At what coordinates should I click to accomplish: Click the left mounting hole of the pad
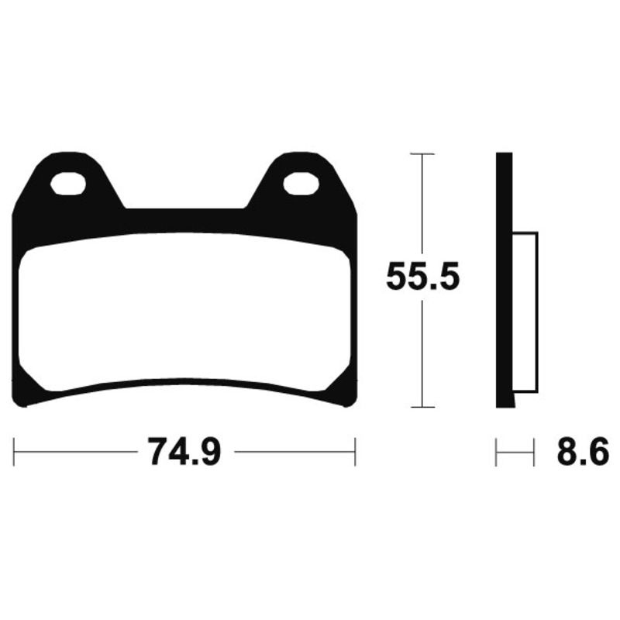pyautogui.click(x=68, y=184)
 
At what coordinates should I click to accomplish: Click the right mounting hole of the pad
pyautogui.click(x=301, y=184)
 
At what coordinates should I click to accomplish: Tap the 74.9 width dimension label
pyautogui.click(x=186, y=451)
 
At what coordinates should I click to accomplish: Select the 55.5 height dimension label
pyautogui.click(x=423, y=277)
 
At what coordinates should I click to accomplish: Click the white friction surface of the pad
pyautogui.click(x=186, y=310)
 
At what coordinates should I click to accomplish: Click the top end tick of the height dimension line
pyautogui.click(x=422, y=154)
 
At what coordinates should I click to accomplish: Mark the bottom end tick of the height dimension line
pyautogui.click(x=422, y=406)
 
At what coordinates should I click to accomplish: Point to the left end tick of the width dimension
pyautogui.click(x=14, y=451)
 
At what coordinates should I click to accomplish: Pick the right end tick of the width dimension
pyautogui.click(x=354, y=451)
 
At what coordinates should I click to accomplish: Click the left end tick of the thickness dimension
pyautogui.click(x=496, y=451)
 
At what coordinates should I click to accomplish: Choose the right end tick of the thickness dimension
pyautogui.click(x=534, y=451)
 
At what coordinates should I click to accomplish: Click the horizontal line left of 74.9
pyautogui.click(x=77, y=451)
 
